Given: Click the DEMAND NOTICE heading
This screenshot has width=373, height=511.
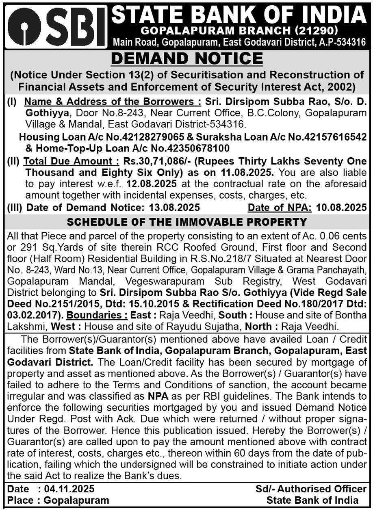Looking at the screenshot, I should [x=186, y=58].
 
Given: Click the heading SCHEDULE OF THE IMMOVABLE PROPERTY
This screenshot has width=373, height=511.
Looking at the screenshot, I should [x=186, y=222].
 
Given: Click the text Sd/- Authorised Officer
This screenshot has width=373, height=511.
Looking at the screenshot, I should [x=312, y=489].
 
